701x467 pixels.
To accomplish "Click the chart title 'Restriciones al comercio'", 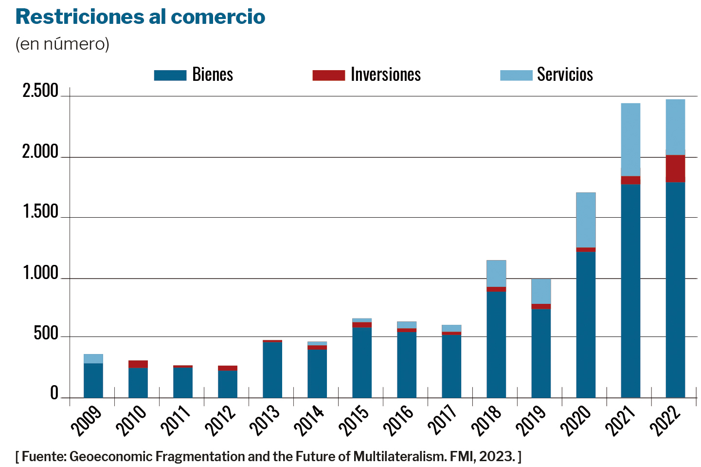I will pos(140,17).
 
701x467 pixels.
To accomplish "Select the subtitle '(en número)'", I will pos(62,44).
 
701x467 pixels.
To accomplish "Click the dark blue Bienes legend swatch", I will pos(170,75).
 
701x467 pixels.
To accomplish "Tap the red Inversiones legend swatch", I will pos(328,75).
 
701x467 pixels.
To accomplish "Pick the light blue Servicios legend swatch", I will pos(516,75).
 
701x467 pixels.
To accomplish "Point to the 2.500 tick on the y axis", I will pos(40,91).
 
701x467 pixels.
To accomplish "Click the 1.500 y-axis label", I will pos(40,212).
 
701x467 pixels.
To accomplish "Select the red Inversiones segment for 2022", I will pos(675,168).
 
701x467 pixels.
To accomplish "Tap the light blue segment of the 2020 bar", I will pos(586,220).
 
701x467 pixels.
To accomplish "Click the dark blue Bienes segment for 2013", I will pos(272,370).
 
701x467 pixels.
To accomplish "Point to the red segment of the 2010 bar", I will pos(138,364).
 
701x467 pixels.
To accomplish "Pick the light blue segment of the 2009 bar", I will pos(93,359).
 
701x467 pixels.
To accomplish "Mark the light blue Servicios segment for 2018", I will pos(496,274).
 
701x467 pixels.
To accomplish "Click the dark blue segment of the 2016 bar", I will pos(407,365).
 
